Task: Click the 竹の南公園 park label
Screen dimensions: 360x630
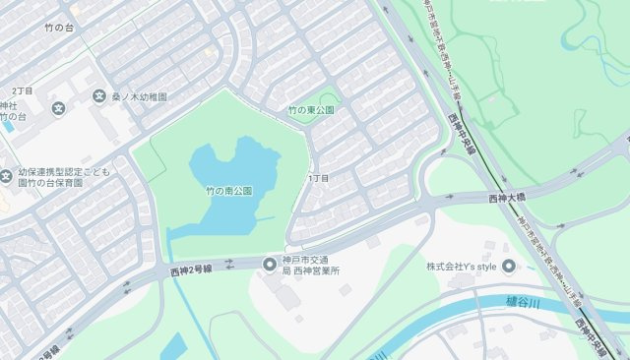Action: (x=229, y=190)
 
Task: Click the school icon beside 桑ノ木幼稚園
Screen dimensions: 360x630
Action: (x=99, y=96)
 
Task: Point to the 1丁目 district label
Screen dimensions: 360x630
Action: (x=319, y=178)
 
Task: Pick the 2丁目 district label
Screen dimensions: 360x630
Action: (x=22, y=90)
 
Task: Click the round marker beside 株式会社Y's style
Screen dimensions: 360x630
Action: (x=509, y=267)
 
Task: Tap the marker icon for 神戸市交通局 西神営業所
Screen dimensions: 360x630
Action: (x=269, y=264)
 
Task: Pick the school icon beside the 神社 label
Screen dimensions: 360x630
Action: (x=58, y=106)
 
